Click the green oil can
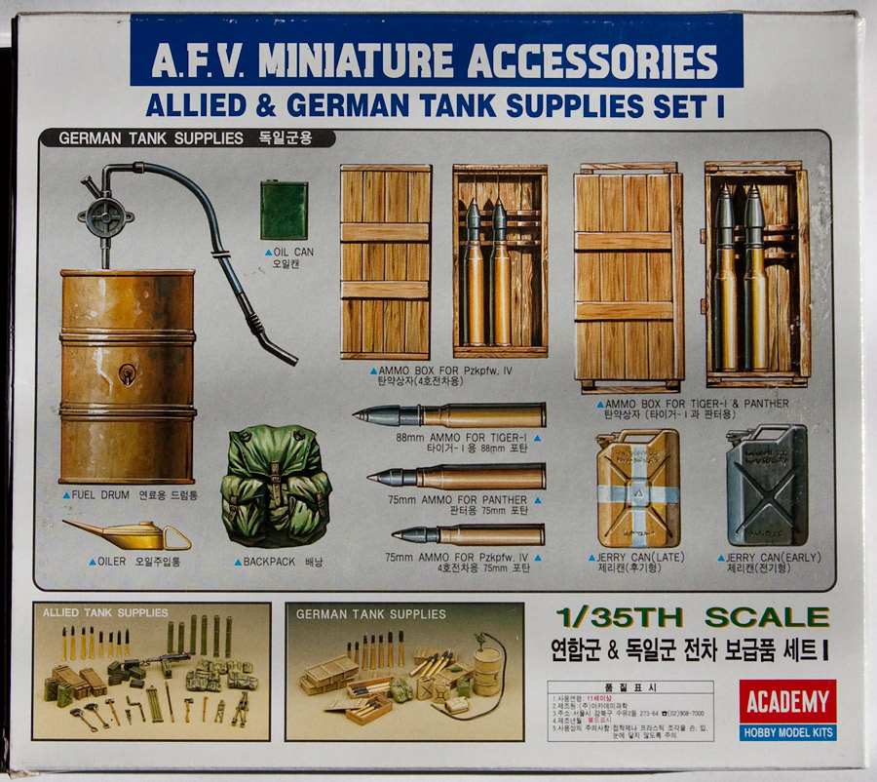coord(285,211)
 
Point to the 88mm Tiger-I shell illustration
coord(448,416)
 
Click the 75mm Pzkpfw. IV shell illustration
coord(468,534)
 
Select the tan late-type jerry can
coord(637,488)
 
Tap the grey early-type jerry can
coord(766,486)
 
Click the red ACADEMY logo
coord(787,701)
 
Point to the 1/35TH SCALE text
coord(692,617)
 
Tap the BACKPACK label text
coord(262,562)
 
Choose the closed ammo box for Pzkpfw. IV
coord(385,261)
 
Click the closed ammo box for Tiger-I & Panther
coord(629,277)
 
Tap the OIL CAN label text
coord(293,252)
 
